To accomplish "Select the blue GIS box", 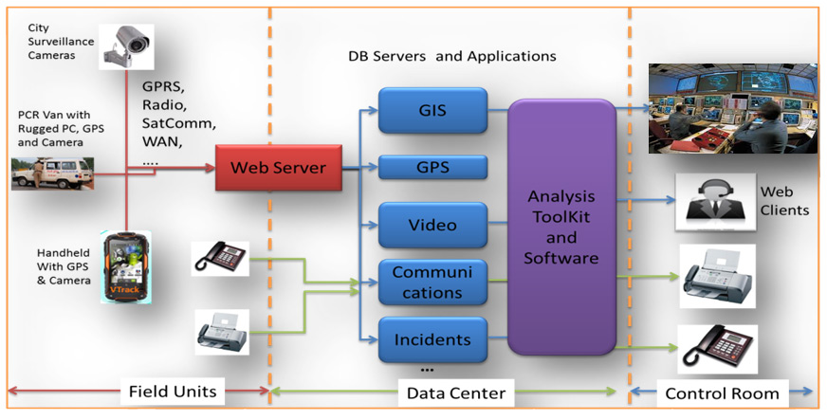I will (x=432, y=110).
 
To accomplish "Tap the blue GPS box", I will (x=432, y=169).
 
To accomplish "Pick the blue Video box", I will (x=432, y=226).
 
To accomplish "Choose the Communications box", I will (x=432, y=283).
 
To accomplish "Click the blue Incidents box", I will (x=432, y=338).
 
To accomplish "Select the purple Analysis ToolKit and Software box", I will (x=561, y=227).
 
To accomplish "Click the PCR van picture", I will (x=51, y=173).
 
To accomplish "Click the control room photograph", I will (x=732, y=107).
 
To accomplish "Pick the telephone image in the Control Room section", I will (x=717, y=350).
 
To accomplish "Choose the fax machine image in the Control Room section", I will (x=717, y=276).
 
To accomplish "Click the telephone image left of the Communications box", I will (x=220, y=258).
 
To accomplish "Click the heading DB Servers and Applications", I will (x=451, y=56).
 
